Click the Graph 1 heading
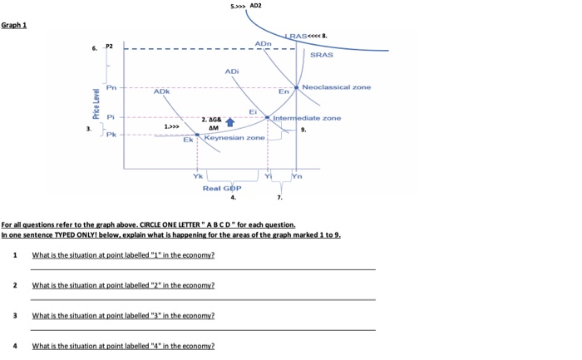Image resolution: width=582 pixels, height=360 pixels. click(x=14, y=24)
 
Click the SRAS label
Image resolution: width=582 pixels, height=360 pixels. click(x=321, y=54)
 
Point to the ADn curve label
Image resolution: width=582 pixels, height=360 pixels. click(x=263, y=42)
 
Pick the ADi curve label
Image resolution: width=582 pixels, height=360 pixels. click(x=232, y=72)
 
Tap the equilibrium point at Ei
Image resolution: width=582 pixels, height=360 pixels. click(x=266, y=117)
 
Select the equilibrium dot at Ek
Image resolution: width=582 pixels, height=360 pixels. click(x=198, y=134)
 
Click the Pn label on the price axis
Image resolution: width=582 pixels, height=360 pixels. click(x=111, y=87)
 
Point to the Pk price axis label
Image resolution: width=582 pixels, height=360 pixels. click(x=111, y=134)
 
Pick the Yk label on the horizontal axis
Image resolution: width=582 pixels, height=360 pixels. click(x=197, y=175)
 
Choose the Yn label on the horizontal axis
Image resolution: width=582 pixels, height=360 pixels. click(x=298, y=175)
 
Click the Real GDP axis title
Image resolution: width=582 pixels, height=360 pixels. click(x=221, y=189)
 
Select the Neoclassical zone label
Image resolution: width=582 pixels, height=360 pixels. click(x=337, y=86)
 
